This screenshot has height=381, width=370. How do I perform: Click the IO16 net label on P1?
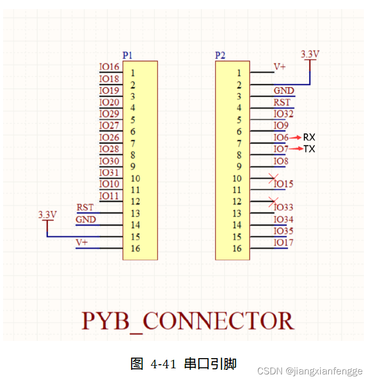tap(109, 67)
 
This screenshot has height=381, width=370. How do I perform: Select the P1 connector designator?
tap(127, 55)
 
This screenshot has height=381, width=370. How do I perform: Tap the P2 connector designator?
tap(220, 55)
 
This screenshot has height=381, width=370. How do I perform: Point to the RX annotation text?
tap(309, 137)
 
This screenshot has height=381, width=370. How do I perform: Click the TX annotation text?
tap(309, 149)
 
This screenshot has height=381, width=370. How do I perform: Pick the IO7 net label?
tap(281, 149)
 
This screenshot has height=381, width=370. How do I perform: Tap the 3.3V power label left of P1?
tap(47, 214)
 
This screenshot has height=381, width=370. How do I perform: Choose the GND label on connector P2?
tap(284, 90)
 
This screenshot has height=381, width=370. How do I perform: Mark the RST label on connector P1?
tap(85, 207)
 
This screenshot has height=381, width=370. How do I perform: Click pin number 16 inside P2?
tap(237, 248)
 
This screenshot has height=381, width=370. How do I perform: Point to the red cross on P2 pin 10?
tap(273, 178)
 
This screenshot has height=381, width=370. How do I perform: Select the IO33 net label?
tap(284, 207)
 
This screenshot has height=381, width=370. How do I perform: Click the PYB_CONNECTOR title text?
tap(188, 321)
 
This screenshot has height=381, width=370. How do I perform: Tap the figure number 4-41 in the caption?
tap(163, 364)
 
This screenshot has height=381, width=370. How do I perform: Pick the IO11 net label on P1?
tap(109, 196)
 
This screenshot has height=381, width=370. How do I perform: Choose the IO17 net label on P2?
tap(284, 242)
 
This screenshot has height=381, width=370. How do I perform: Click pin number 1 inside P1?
tap(133, 73)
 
